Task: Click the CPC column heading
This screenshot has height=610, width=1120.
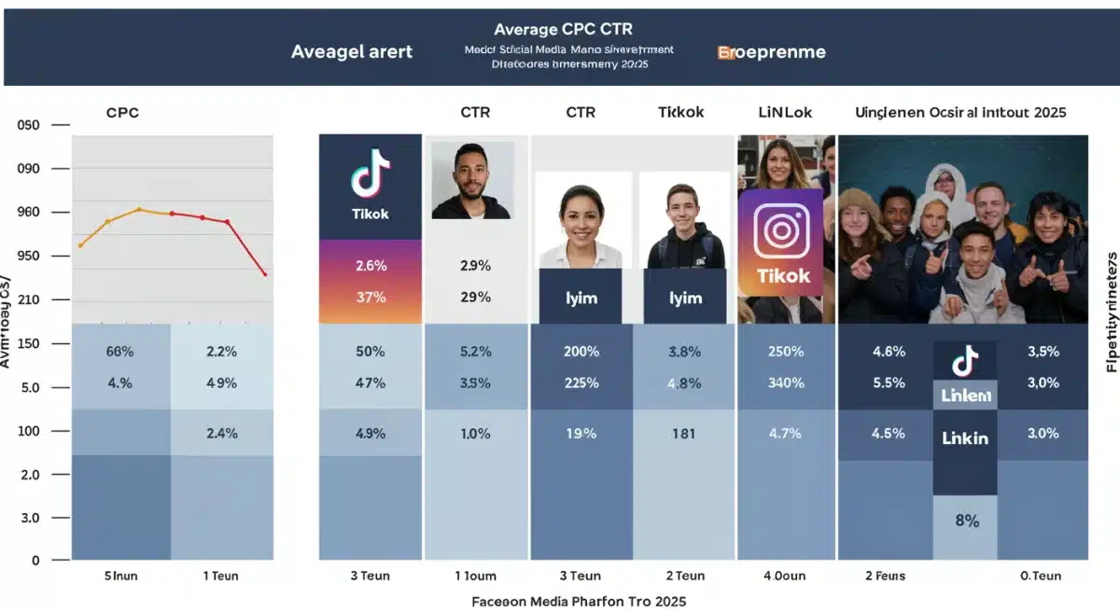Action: [123, 113]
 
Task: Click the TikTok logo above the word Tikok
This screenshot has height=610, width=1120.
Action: [371, 173]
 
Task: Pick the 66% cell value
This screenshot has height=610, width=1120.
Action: [120, 352]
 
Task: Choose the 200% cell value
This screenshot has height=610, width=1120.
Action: [581, 352]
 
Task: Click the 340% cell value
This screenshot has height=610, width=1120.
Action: [786, 382]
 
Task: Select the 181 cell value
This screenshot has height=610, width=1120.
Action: [684, 433]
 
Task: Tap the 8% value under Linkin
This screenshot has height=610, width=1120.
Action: [967, 521]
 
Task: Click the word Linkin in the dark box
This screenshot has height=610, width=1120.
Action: [965, 437]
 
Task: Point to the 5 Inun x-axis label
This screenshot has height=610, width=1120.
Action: [119, 576]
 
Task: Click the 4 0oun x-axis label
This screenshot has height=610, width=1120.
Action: [786, 576]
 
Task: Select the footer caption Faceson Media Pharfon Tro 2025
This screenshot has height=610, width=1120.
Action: [579, 601]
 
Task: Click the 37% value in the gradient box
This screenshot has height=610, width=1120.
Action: [371, 298]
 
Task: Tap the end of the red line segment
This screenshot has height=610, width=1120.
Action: [266, 274]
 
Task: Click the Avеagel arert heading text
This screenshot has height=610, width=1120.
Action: [351, 52]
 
